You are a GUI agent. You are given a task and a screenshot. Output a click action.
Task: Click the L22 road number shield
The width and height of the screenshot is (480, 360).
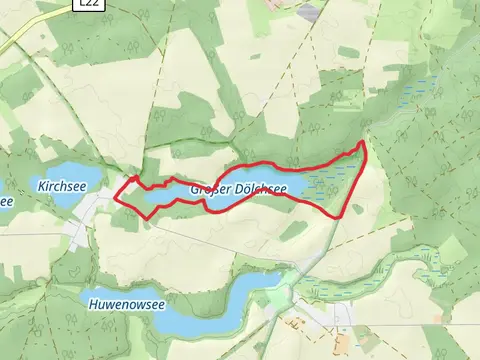(89, 5)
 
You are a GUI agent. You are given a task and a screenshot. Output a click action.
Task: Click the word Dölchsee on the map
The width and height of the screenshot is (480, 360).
(260, 188)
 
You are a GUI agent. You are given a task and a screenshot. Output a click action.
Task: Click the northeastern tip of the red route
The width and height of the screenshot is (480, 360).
(361, 145)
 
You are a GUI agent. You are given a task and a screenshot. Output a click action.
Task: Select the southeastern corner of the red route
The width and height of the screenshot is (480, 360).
(344, 215)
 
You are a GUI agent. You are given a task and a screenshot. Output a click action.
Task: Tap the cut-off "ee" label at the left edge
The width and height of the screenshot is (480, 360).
(5, 201)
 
